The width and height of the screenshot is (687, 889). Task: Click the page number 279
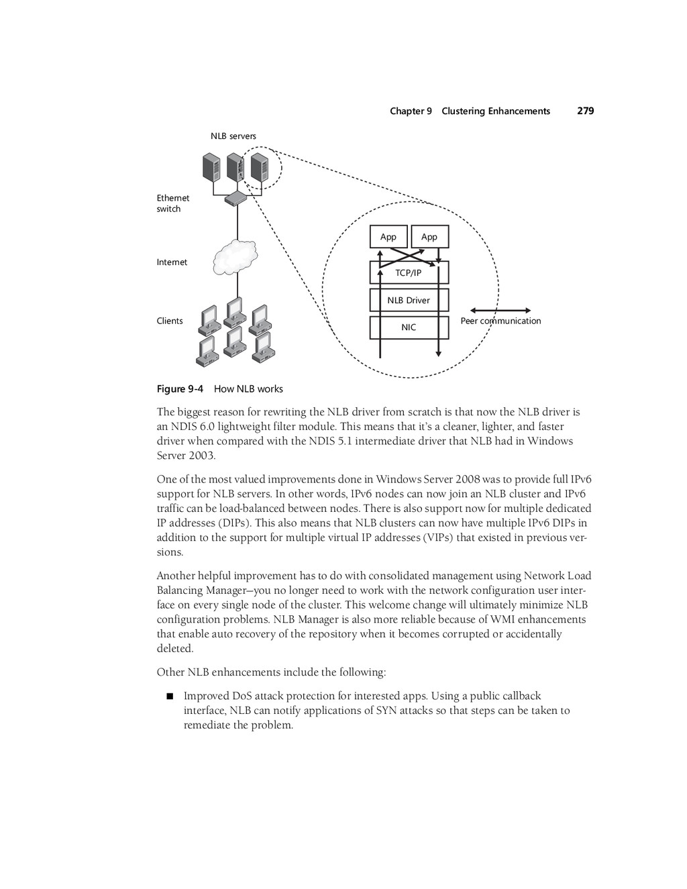pos(585,111)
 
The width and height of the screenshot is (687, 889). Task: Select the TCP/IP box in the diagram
pos(409,273)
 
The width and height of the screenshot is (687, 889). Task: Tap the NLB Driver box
pos(409,300)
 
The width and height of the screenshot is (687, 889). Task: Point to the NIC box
pos(409,327)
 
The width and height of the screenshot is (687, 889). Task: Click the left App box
pos(388,237)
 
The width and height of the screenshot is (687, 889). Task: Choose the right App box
pos(429,237)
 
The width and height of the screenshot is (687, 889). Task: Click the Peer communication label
pos(500,321)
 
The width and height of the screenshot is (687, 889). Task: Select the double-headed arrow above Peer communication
pos(500,311)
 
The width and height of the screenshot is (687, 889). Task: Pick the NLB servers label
pos(233,136)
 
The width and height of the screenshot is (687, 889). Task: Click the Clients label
pos(170,321)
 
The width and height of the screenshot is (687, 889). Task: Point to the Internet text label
pos(172,262)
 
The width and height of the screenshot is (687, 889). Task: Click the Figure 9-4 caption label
pos(180,389)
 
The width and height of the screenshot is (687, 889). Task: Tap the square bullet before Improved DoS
pos(170,696)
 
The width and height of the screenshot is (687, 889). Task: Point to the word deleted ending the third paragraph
pos(174,649)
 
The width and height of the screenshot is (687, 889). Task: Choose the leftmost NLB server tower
pos(212,166)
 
